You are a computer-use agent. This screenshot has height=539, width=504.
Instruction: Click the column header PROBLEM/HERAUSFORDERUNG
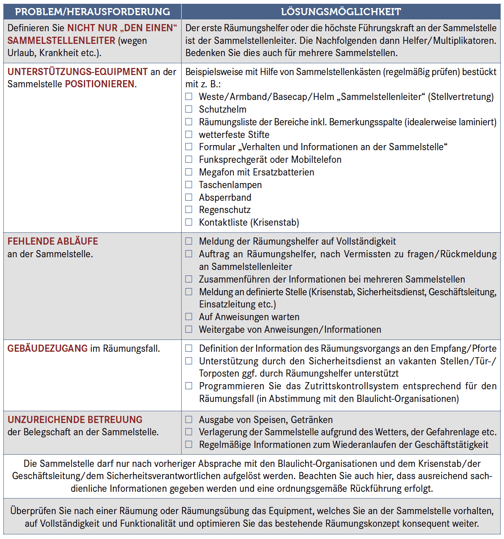pyautogui.click(x=92, y=12)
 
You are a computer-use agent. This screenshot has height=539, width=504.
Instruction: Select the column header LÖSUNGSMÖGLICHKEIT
pyautogui.click(x=341, y=12)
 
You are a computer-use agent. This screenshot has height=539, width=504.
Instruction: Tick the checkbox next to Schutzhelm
pyautogui.click(x=189, y=109)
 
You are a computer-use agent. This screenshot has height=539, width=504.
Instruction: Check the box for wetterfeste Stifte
pyautogui.click(x=189, y=135)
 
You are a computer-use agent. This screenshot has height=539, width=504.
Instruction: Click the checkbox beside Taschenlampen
pyautogui.click(x=189, y=185)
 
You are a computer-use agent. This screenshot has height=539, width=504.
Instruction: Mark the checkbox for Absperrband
pyautogui.click(x=189, y=197)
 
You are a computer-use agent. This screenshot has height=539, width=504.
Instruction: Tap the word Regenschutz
pyautogui.click(x=225, y=210)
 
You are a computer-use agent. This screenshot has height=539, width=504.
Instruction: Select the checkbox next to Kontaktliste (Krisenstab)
pyautogui.click(x=189, y=222)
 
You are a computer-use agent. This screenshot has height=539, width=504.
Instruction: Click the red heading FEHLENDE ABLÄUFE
pyautogui.click(x=53, y=241)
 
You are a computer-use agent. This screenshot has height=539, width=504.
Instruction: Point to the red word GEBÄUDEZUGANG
pyautogui.click(x=48, y=348)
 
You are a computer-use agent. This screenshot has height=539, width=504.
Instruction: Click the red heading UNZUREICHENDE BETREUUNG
pyautogui.click(x=75, y=420)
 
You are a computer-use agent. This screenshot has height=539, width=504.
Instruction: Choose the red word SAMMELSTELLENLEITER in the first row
pyautogui.click(x=61, y=40)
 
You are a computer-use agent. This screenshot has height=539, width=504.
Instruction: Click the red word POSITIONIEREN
pyautogui.click(x=100, y=84)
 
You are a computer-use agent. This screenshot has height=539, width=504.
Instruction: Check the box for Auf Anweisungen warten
pyautogui.click(x=189, y=317)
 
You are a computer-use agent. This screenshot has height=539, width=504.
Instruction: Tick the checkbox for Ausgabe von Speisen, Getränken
pyautogui.click(x=189, y=420)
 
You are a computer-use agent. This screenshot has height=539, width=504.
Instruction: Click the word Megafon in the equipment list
pyautogui.click(x=216, y=172)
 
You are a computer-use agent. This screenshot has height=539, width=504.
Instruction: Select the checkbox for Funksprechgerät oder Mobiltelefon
pyautogui.click(x=189, y=159)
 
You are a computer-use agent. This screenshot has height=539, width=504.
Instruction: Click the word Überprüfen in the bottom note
pyautogui.click(x=34, y=511)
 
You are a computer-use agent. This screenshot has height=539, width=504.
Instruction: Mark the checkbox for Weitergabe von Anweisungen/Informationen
pyautogui.click(x=189, y=329)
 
